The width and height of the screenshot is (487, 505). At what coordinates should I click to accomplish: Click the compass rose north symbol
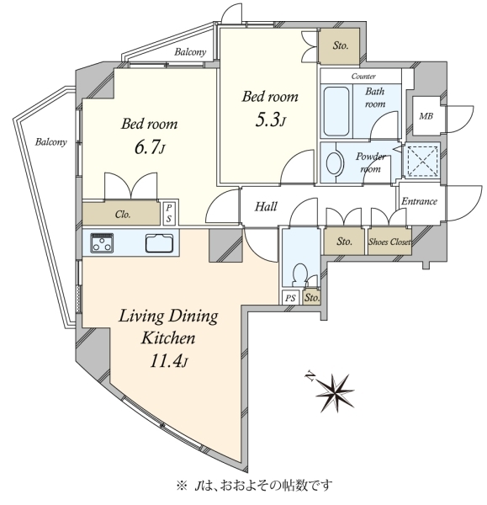(x=335, y=392)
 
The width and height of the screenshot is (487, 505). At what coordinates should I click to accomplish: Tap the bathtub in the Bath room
(x=336, y=111)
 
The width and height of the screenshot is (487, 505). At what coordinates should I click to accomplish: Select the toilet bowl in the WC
(x=300, y=274)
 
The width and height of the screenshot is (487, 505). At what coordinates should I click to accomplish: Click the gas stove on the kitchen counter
(x=102, y=242)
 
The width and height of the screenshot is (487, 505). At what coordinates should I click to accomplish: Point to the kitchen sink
(x=159, y=243)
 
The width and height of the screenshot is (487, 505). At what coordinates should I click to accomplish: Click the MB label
(x=426, y=116)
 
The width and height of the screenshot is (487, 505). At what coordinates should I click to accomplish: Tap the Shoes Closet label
(x=389, y=242)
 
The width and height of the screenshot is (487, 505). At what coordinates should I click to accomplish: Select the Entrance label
(x=419, y=202)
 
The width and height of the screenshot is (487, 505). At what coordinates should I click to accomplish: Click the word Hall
(x=266, y=206)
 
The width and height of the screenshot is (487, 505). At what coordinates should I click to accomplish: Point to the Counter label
(x=363, y=77)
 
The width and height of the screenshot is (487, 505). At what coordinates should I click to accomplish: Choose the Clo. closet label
(x=123, y=214)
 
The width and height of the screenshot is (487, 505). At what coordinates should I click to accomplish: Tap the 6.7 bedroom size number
(x=150, y=147)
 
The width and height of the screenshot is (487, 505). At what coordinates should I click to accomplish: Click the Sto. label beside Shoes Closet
(x=344, y=242)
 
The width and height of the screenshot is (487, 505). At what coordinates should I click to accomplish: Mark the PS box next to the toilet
(x=290, y=298)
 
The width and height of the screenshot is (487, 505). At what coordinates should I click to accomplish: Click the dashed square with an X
(x=422, y=161)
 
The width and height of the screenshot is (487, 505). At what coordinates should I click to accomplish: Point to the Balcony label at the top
(x=190, y=52)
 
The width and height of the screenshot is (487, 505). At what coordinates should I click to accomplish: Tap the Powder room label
(x=370, y=162)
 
